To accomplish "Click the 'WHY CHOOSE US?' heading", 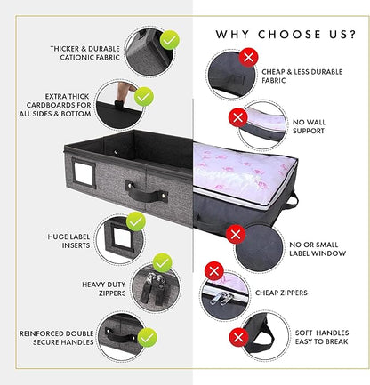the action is click(286, 35).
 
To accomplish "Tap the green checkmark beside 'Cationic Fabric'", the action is click(170, 40).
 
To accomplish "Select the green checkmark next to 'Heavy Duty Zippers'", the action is click(162, 263).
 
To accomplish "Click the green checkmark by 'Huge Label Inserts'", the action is click(136, 221).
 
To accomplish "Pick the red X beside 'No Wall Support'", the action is click(238, 117).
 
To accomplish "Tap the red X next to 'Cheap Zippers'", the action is click(214, 271).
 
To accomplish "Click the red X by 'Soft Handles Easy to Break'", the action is click(238, 337).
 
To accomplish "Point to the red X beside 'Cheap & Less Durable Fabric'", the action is click(248, 58).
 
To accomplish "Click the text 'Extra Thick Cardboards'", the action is click(59, 100).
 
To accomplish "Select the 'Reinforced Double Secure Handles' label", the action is click(56, 338).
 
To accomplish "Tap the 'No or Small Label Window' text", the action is click(318, 249).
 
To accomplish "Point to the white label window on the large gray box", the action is click(84, 174).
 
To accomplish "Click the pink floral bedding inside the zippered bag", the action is click(242, 172).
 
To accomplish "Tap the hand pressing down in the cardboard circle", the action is click(124, 95).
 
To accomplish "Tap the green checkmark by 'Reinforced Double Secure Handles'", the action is click(148, 337).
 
